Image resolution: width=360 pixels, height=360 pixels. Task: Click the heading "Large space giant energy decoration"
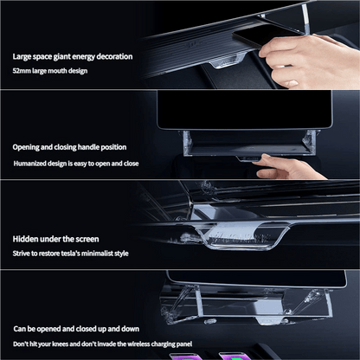tap(73, 56)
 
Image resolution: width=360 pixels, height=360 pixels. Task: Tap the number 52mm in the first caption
tap(22, 70)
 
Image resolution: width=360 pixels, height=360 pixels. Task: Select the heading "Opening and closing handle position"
tap(72, 147)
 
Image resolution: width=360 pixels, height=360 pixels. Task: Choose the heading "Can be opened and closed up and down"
tap(75, 329)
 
